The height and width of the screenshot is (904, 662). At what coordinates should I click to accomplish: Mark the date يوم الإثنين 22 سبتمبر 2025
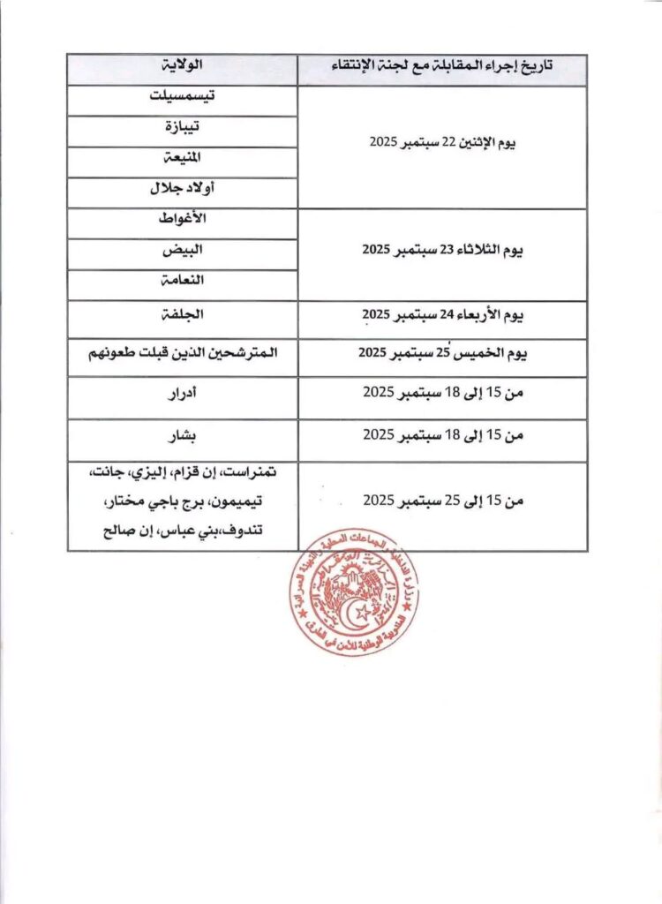pyautogui.click(x=442, y=143)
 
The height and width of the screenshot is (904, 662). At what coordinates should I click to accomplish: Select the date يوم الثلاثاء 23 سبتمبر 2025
pyautogui.click(x=442, y=250)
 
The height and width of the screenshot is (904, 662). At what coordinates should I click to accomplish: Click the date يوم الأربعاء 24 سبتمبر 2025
pyautogui.click(x=442, y=314)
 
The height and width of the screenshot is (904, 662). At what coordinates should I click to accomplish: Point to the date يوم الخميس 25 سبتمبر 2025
pyautogui.click(x=442, y=353)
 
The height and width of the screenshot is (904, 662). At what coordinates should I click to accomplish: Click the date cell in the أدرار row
pyautogui.click(x=442, y=392)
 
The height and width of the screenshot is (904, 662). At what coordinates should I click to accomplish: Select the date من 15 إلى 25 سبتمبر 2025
pyautogui.click(x=442, y=501)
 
